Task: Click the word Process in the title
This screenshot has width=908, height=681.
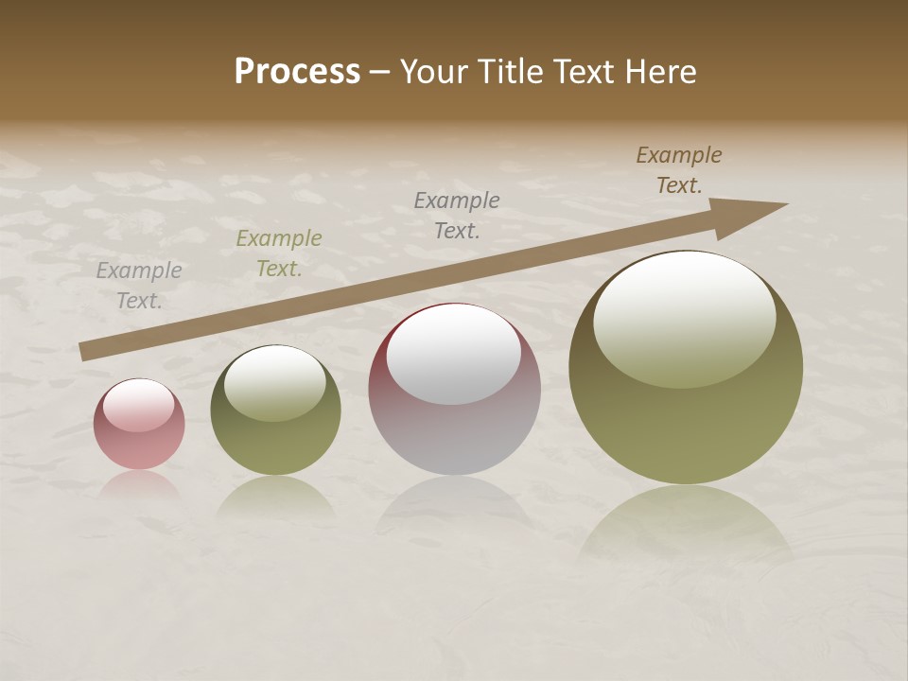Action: pyautogui.click(x=297, y=72)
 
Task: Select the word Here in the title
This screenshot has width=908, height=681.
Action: pyautogui.click(x=659, y=72)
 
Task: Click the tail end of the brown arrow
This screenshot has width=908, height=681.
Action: pyautogui.click(x=85, y=352)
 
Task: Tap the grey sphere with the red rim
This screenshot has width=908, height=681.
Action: pyautogui.click(x=454, y=390)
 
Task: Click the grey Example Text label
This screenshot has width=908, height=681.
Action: pyautogui.click(x=139, y=286)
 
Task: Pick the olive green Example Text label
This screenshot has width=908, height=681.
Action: pyautogui.click(x=279, y=253)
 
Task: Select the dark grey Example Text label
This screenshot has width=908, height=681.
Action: pyautogui.click(x=457, y=215)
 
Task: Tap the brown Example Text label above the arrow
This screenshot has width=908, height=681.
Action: pyautogui.click(x=679, y=170)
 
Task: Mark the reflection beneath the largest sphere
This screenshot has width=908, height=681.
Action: pyautogui.click(x=686, y=525)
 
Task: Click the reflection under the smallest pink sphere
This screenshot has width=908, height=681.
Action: pyautogui.click(x=139, y=487)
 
